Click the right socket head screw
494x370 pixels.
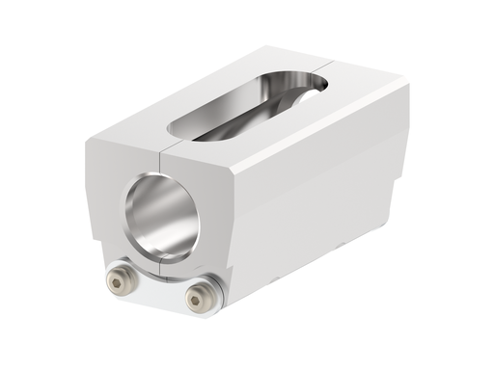201,298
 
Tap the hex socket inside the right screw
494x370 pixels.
199,299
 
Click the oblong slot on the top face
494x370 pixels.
246,106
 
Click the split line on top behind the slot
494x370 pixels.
333,69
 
